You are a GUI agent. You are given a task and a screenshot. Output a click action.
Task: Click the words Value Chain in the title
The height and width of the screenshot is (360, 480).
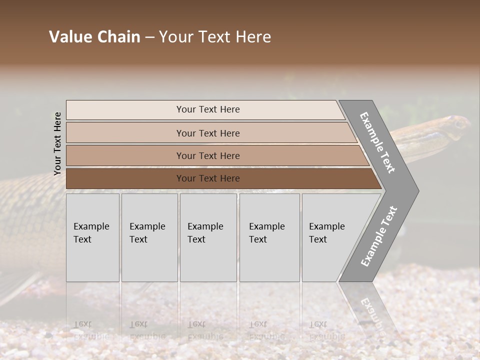(94, 37)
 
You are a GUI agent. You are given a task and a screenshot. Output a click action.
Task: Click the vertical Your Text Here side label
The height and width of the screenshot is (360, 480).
(57, 143)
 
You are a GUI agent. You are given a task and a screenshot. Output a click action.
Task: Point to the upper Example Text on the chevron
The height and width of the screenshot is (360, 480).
(377, 142)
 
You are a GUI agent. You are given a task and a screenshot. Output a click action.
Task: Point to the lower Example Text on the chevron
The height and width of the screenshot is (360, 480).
(379, 236)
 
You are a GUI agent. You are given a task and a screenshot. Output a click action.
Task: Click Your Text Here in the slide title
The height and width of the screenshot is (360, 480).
(215, 37)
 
